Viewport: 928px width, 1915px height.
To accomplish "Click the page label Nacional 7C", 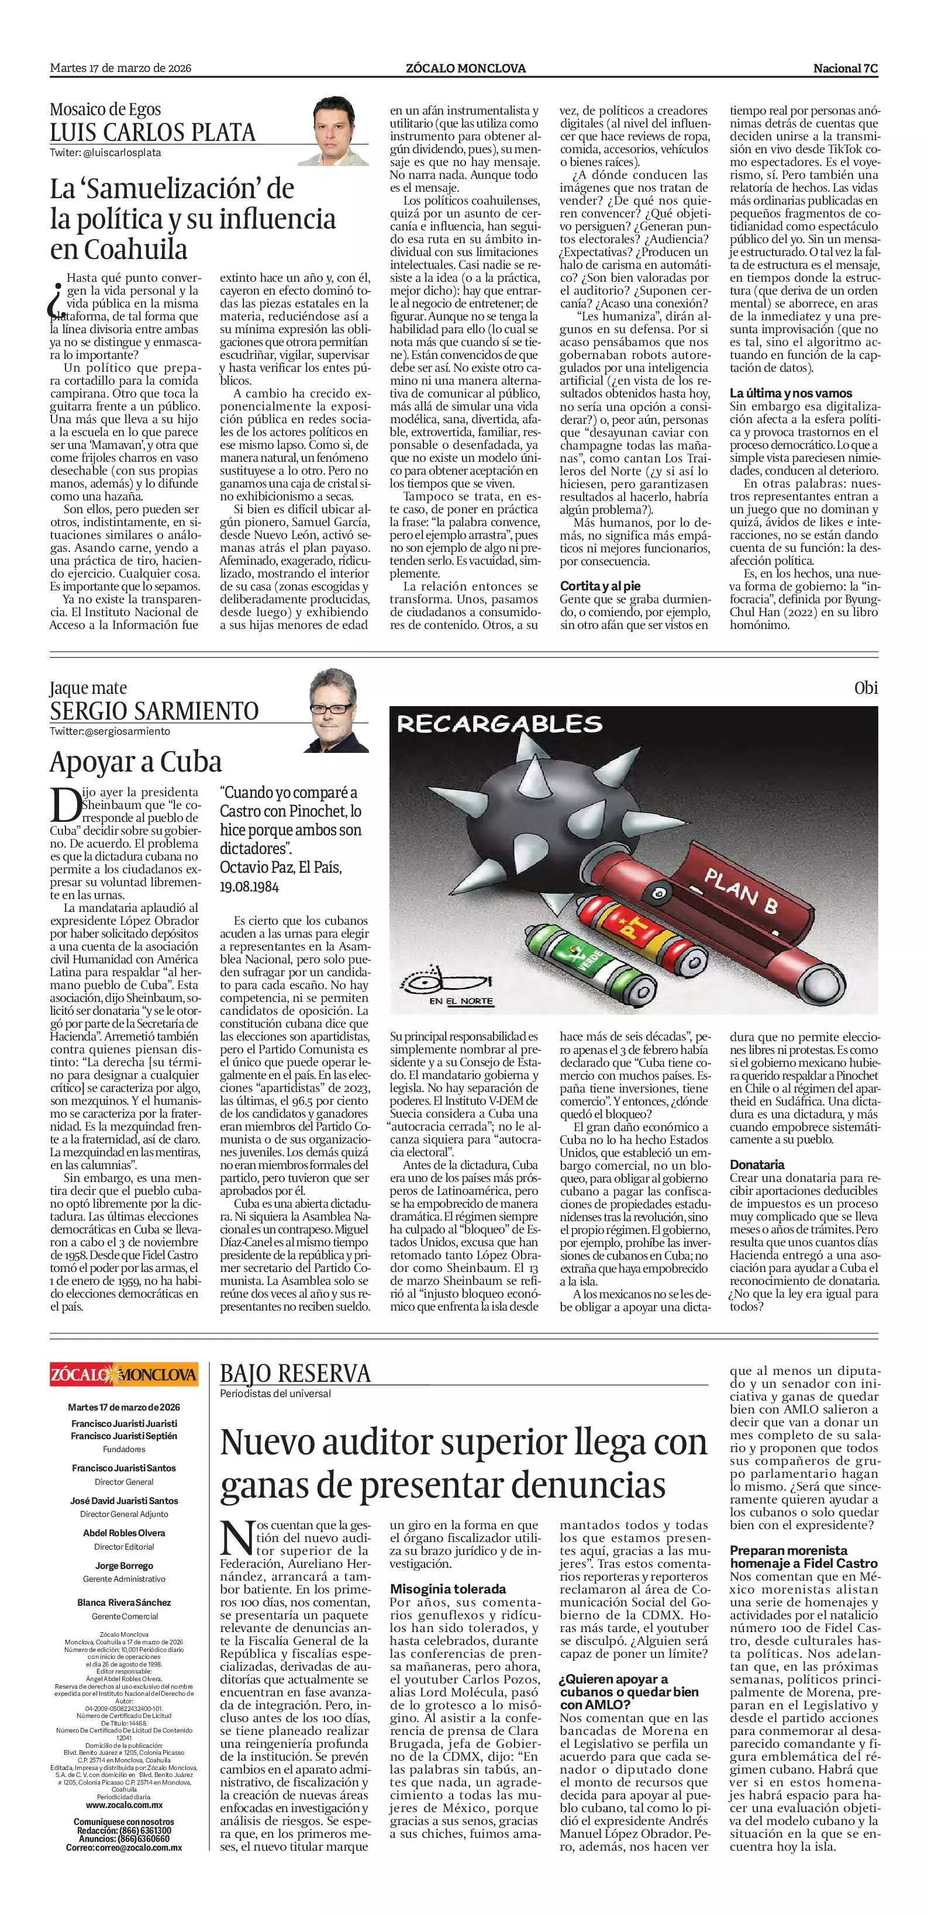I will coord(846,68).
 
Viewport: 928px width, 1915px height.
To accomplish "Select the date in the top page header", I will coord(120,68).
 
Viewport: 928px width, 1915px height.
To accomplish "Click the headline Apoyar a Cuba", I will coord(135,762).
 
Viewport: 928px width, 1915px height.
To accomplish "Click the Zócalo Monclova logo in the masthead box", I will coord(124,1374).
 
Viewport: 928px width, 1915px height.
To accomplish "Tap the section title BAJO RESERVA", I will coord(295,1373).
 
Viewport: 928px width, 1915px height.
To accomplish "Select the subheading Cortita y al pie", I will coord(600,586).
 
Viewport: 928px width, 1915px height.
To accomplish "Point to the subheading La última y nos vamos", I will coord(791,393).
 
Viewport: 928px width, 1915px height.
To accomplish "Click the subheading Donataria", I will coord(757,1164).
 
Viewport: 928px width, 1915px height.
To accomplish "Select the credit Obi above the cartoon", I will coord(865,687).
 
